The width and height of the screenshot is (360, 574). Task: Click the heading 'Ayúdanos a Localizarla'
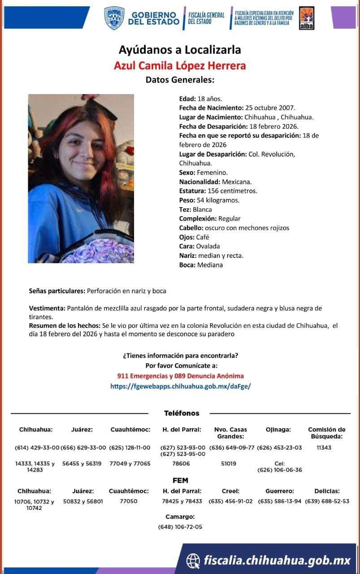point(180,49)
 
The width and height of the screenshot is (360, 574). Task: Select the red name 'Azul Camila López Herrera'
point(180,65)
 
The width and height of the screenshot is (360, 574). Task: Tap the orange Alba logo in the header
point(306,18)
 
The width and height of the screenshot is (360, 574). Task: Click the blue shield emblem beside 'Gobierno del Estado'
point(114,18)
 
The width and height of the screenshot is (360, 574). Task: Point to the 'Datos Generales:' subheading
point(180,80)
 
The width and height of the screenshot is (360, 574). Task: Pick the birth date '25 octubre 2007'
point(269,108)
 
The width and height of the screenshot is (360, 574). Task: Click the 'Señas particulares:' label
point(57,291)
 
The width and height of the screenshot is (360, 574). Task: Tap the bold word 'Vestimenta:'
point(47,309)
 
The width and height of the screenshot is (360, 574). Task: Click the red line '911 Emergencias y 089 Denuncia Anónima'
point(180,376)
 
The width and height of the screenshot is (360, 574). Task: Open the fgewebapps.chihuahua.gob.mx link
point(180,386)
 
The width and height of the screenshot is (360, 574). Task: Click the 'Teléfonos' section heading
point(182,413)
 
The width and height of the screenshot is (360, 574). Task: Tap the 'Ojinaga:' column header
point(278,430)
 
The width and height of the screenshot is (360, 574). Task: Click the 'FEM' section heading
point(180,481)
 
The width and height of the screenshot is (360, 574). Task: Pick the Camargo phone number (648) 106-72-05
point(180,527)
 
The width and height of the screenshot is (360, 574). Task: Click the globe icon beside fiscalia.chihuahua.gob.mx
point(193,560)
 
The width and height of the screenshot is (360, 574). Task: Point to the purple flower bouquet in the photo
point(99,251)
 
